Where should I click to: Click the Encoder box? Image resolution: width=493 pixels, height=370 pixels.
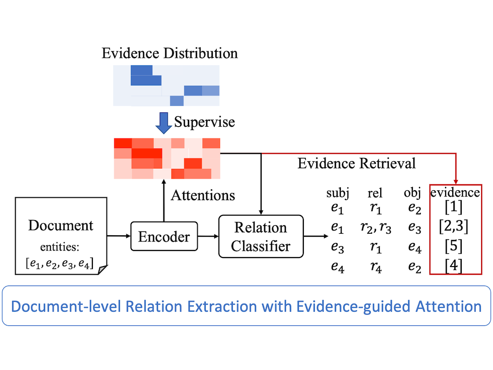pos(164,236)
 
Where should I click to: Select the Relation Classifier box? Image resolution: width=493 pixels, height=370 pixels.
pos(261,236)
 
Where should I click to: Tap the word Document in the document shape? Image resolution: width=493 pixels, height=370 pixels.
pos(61,225)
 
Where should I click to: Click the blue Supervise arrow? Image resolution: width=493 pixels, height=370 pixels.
pos(164,123)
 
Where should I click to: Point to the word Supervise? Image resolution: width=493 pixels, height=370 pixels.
pos(204,122)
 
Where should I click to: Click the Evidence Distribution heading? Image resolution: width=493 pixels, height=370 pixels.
pos(170,53)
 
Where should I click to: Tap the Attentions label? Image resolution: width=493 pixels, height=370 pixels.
pos(203,195)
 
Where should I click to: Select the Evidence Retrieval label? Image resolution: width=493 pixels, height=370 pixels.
pos(356,163)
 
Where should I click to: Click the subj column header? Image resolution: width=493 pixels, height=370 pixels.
pos(338,193)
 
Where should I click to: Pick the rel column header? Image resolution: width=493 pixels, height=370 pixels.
pos(375,193)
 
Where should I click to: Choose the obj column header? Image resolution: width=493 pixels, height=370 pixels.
pos(412,193)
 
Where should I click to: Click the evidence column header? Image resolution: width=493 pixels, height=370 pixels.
pos(455,192)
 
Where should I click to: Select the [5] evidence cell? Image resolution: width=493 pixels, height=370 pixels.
pos(454,246)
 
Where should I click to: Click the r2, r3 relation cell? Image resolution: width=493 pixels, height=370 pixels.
pos(376,228)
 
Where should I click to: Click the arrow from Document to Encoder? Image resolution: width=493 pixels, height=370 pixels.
pos(119,236)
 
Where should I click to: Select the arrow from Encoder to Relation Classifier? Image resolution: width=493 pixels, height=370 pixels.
pos(208,236)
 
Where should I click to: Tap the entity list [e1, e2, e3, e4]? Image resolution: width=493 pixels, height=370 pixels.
pos(60,263)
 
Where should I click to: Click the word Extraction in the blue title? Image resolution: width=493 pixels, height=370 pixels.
pos(222,306)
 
